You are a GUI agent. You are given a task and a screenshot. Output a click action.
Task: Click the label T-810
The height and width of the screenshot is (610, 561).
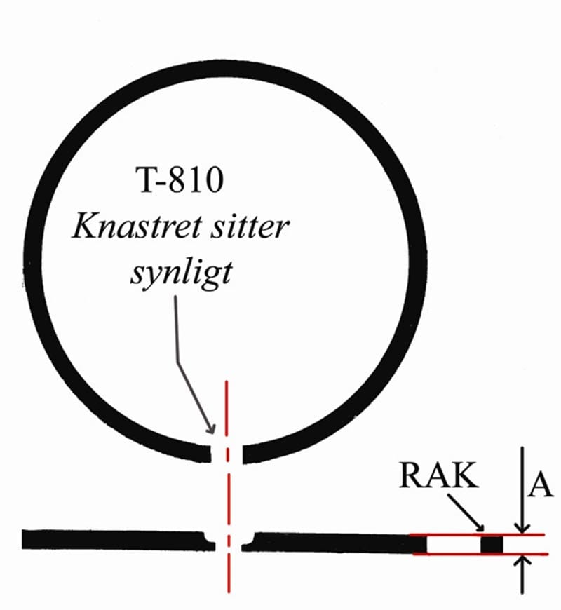pos(180,179)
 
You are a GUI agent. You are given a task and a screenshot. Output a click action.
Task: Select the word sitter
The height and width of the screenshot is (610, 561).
pos(250,226)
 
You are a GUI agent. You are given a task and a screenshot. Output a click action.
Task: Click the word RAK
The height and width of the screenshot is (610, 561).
pos(438,475)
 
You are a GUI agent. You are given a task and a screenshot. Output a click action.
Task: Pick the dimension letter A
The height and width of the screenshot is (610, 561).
pos(540,485)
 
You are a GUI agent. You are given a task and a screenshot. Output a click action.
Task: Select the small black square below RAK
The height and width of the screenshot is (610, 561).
pos(492,544)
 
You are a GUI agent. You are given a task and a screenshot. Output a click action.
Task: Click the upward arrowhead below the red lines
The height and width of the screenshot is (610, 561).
pos(522,561)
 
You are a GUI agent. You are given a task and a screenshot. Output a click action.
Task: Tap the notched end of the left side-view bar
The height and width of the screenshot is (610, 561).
pos(208,541)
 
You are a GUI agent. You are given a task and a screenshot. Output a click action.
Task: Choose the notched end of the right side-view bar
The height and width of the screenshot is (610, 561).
pos(249,542)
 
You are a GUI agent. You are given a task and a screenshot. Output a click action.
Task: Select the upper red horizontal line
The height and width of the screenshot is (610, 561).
pos(477,535)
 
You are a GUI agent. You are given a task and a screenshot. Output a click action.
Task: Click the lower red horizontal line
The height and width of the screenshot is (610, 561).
pos(480,554)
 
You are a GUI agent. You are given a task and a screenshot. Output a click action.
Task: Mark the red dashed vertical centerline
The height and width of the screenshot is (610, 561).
pos(228,487)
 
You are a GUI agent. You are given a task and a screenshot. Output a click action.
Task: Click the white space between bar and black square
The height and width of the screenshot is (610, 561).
pos(454,544)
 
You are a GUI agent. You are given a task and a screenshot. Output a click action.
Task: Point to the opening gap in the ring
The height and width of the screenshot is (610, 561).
pos(227,454)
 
